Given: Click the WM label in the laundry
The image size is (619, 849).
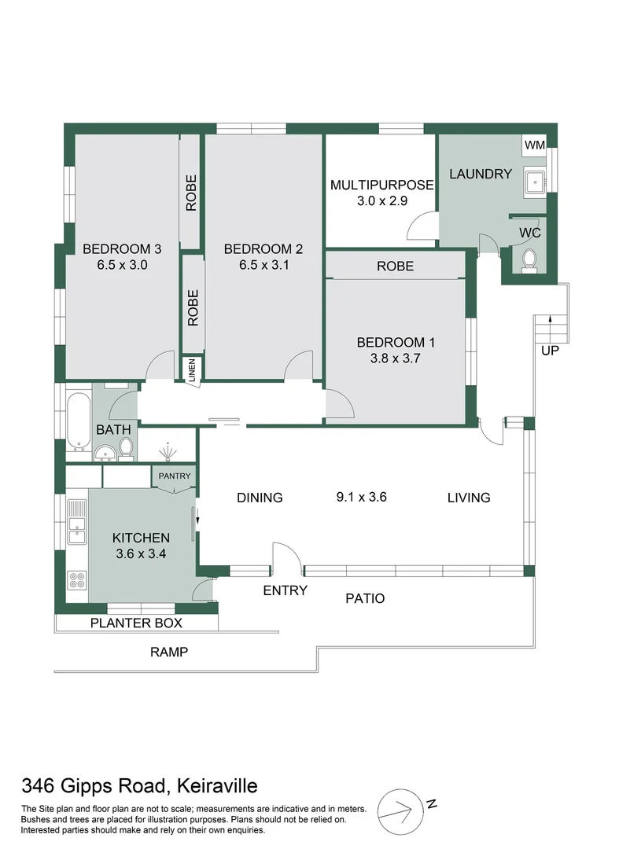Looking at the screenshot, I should click(x=535, y=145).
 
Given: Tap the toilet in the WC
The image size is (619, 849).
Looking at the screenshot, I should click(x=529, y=259).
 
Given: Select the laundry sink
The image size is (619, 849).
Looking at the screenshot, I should click(x=536, y=182).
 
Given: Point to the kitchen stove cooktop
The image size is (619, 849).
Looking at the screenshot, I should click(x=77, y=580).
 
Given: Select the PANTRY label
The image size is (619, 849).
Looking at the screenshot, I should click(x=172, y=476).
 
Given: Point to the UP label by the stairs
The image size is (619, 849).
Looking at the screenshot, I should click(x=550, y=351).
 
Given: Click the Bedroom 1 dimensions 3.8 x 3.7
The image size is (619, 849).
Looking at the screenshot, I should click(x=396, y=359).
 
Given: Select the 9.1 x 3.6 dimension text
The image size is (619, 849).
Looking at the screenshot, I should click(x=362, y=497).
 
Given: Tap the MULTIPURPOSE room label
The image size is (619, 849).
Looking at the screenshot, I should click(x=381, y=186).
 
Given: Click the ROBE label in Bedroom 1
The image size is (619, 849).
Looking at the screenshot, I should click(x=395, y=266).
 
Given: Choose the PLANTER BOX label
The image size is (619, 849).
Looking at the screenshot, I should click(x=136, y=623).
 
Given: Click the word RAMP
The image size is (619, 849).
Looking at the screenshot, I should click(x=169, y=652).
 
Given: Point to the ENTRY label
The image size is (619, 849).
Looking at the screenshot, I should click(x=285, y=590).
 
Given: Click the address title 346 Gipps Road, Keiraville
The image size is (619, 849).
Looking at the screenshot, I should click(x=139, y=785).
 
